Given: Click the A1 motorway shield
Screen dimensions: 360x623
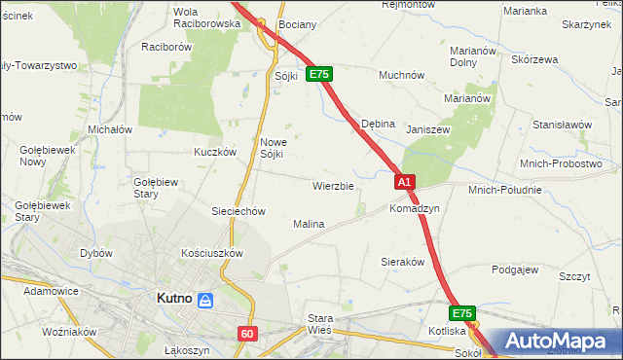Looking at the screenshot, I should pos(406,181).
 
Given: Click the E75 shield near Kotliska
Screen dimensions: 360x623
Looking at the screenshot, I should pos(462,313).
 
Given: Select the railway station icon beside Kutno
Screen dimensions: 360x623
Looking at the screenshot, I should pos(205,301).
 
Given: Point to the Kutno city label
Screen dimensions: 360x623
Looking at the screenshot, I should pos(174,300).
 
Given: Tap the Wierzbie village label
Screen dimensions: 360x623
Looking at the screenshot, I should pos(333,185).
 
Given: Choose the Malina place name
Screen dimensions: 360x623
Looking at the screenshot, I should pos(309,224).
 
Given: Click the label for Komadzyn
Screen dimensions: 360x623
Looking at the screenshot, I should pos(415,208).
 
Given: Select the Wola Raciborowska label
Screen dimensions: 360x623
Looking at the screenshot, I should pos(205,17).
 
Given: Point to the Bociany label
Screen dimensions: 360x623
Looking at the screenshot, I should pos(296,22).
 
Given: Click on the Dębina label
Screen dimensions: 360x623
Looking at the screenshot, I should pos(378,125).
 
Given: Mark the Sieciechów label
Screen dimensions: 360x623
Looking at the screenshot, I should pos(239,210).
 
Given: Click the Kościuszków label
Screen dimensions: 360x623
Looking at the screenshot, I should pos(212,252).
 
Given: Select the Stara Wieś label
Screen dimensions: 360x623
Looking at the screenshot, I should pos(320,324).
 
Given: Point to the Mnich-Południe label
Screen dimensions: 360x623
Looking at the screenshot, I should pos(505,190).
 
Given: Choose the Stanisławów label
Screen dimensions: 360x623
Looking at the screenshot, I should pos(563,125).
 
